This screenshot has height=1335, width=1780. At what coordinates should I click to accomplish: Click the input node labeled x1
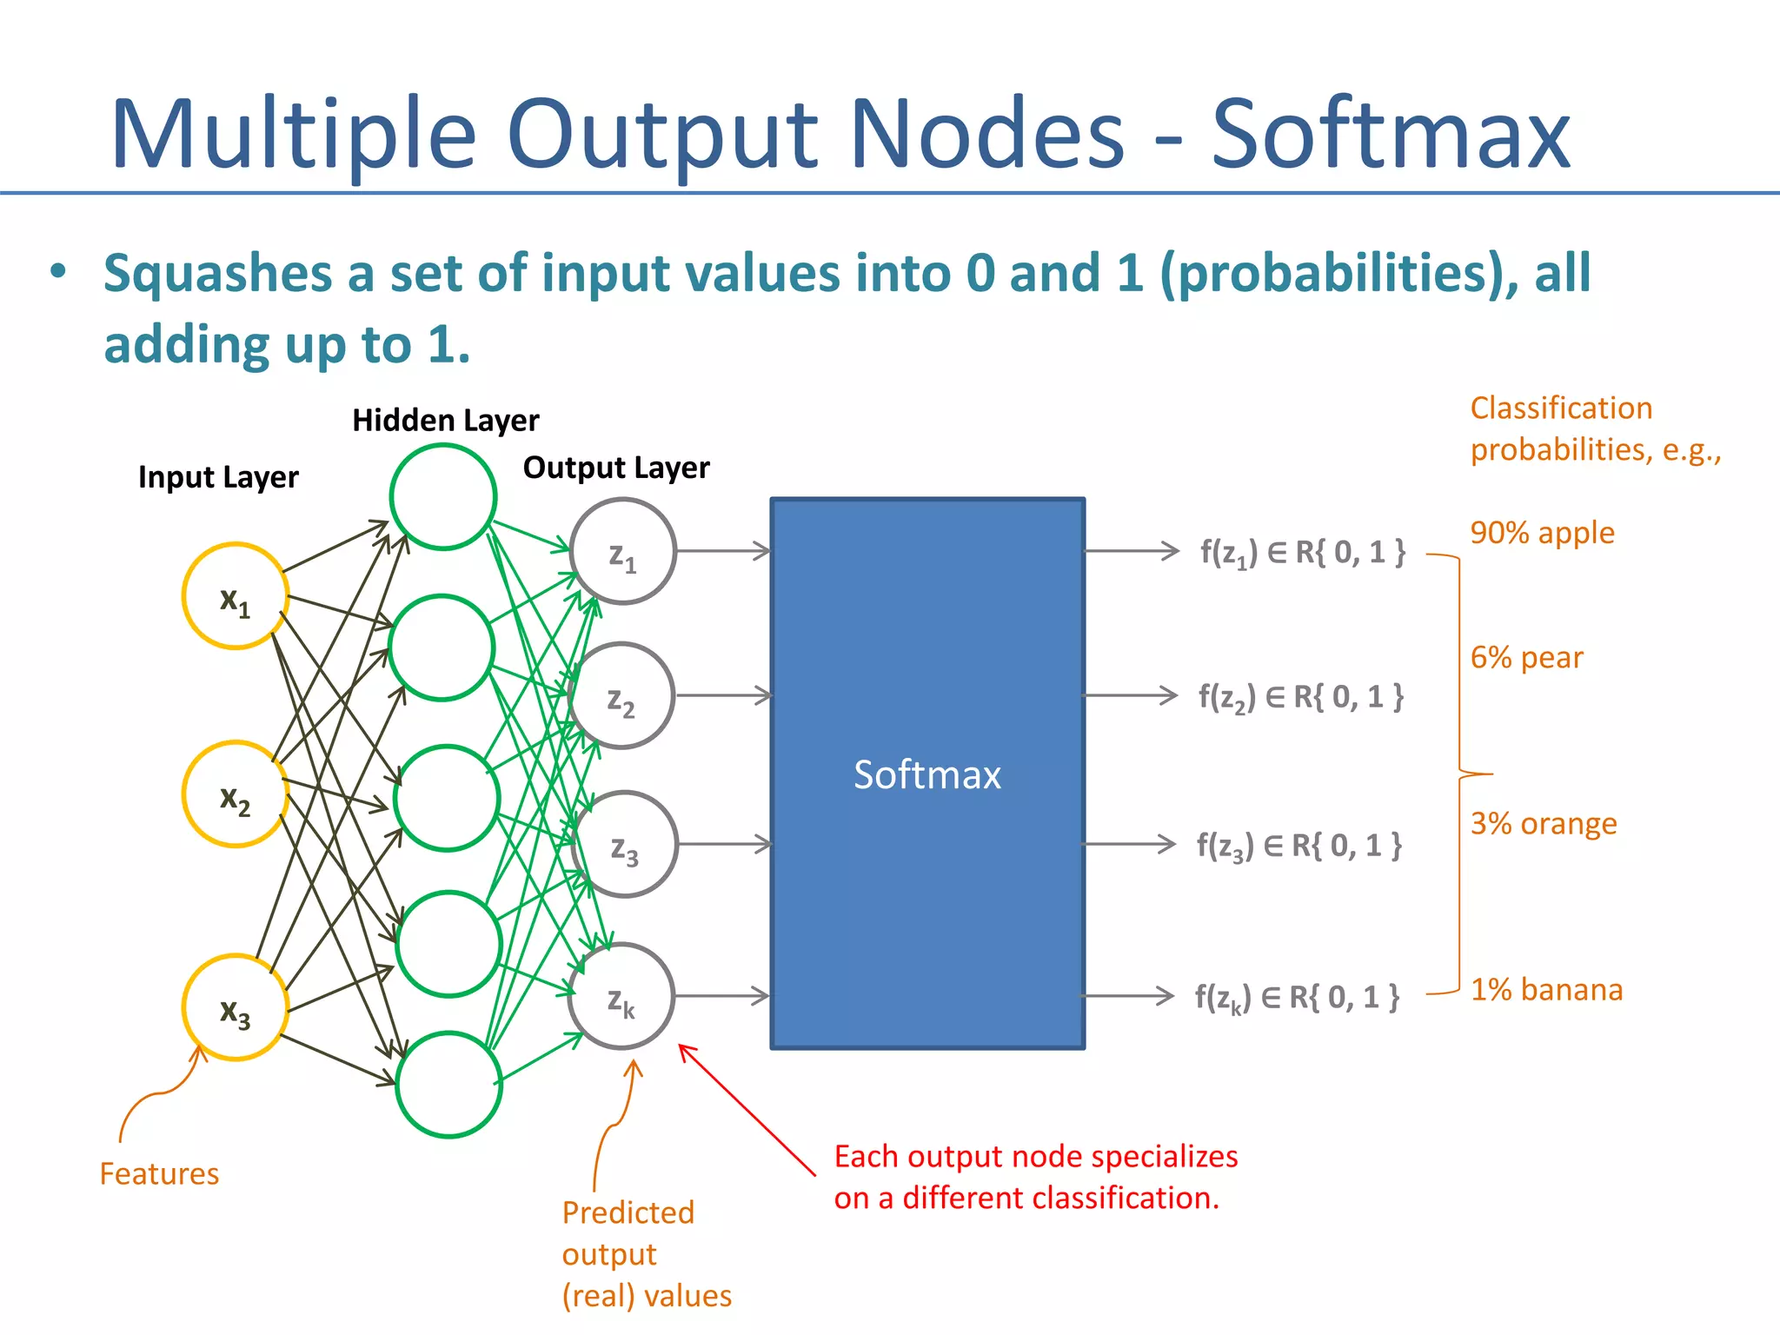235,596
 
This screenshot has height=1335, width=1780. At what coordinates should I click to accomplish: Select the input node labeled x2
235,794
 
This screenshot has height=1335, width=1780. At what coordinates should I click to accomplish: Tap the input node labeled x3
235,1007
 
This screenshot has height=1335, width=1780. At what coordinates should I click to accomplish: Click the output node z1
622,551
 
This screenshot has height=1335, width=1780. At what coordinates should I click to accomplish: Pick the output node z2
621,695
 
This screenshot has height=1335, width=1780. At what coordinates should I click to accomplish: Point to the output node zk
621,996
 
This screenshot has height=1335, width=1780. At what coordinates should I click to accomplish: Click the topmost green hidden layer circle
443,497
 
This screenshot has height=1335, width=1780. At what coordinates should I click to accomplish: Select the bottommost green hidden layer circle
448,1084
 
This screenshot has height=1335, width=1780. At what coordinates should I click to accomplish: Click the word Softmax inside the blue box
927,774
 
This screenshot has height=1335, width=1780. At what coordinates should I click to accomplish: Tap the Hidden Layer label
445,421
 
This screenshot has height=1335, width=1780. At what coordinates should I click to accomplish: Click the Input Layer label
218,477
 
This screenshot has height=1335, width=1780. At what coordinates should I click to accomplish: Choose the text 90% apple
1542,533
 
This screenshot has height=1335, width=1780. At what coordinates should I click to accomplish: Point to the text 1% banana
1546,990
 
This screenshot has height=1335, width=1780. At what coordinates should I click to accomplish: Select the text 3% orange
1544,823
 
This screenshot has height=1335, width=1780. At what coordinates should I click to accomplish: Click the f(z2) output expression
1300,697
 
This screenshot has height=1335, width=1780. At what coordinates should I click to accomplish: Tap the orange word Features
159,1174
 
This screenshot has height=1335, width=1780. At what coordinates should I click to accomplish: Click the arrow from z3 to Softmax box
723,844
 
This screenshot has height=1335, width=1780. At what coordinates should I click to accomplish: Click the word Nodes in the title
986,135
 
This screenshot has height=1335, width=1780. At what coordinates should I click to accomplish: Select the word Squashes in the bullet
217,273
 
